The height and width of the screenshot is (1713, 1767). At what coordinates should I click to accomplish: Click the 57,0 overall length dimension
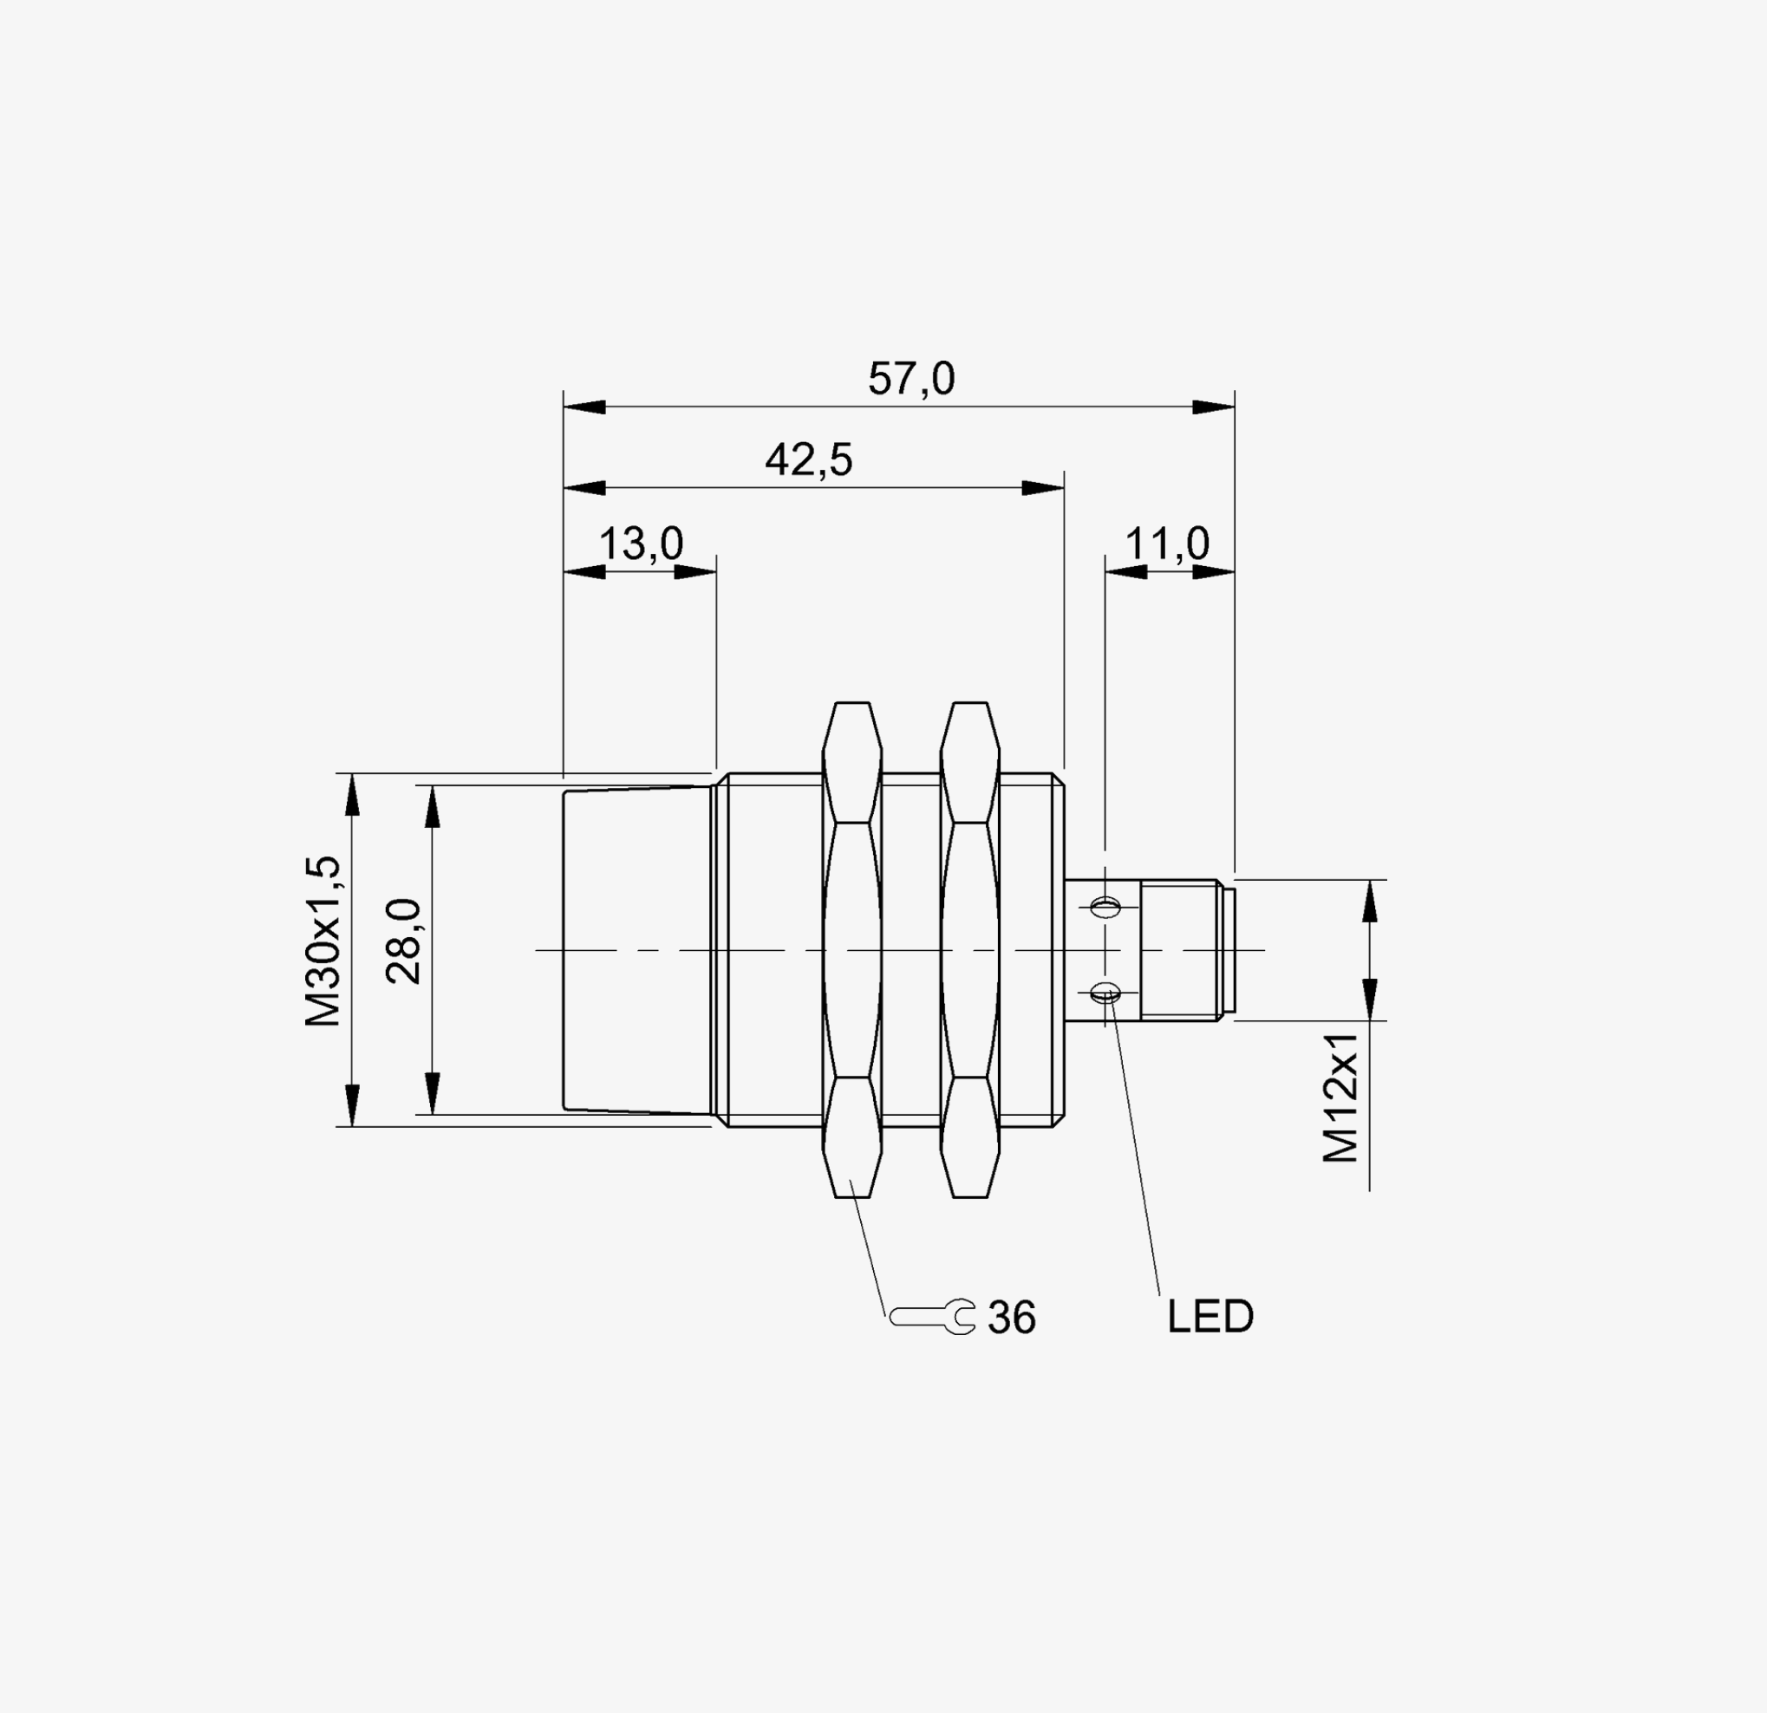(x=910, y=379)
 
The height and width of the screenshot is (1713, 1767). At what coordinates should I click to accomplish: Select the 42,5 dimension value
(x=809, y=459)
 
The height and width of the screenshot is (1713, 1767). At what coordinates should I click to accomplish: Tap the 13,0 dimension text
(x=641, y=544)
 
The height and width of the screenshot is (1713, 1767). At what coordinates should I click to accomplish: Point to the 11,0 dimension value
(x=1168, y=544)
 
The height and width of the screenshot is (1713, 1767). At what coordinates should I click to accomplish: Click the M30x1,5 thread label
(x=323, y=941)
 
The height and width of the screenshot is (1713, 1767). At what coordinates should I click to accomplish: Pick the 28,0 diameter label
(x=403, y=941)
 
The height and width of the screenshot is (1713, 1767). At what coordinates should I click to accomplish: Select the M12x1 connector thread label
(x=1340, y=1097)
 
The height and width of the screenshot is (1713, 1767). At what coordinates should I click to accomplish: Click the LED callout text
(x=1210, y=1317)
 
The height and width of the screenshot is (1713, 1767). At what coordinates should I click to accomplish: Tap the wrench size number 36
(x=1013, y=1318)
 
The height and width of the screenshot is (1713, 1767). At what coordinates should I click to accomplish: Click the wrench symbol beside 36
(x=932, y=1317)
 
